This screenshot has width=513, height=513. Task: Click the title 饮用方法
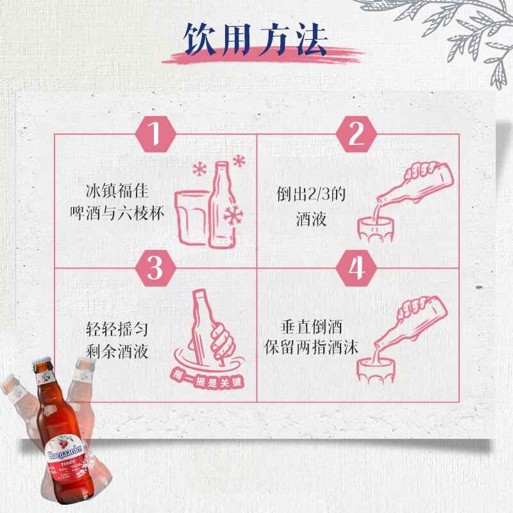[256, 40]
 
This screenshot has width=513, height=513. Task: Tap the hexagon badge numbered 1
[154, 134]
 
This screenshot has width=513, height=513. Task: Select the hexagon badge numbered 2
[357, 134]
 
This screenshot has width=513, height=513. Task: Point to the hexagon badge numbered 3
[154, 268]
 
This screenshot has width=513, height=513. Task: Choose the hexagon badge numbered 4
[357, 268]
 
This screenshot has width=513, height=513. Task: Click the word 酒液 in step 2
[311, 219]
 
